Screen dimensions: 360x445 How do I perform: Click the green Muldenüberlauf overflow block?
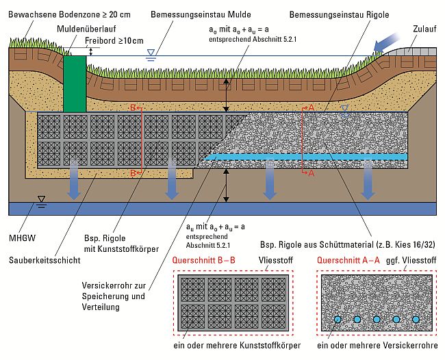74,83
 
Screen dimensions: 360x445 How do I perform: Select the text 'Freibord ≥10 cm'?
114,40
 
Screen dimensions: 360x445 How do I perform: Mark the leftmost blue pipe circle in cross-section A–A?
338,319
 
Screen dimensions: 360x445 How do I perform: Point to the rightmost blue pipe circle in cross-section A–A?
416,319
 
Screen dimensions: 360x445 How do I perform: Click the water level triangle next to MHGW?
42,200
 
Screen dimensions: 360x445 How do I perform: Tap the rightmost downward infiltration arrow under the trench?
368,184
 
